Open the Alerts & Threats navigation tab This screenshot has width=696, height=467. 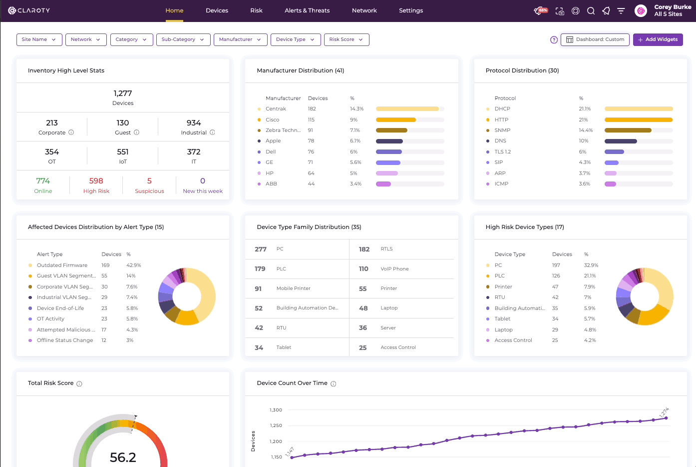click(x=307, y=10)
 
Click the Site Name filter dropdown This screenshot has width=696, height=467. click(x=39, y=39)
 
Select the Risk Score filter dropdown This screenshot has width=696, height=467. click(x=347, y=39)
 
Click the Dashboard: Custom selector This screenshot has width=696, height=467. click(x=595, y=39)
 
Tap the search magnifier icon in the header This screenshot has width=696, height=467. click(x=591, y=11)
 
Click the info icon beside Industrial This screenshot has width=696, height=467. click(x=212, y=132)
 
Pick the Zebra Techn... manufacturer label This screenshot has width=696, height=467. click(x=283, y=130)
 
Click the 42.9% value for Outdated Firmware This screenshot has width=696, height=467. click(x=134, y=265)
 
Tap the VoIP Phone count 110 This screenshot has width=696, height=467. click(x=363, y=269)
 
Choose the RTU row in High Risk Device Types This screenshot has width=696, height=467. click(x=541, y=297)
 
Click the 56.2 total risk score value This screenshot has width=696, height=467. click(x=123, y=457)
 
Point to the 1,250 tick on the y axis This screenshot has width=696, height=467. click(x=276, y=425)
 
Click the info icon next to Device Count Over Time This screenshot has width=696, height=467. click(x=334, y=383)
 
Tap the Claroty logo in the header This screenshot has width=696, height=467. click(x=29, y=10)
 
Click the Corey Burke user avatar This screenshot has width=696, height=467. click(x=641, y=11)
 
